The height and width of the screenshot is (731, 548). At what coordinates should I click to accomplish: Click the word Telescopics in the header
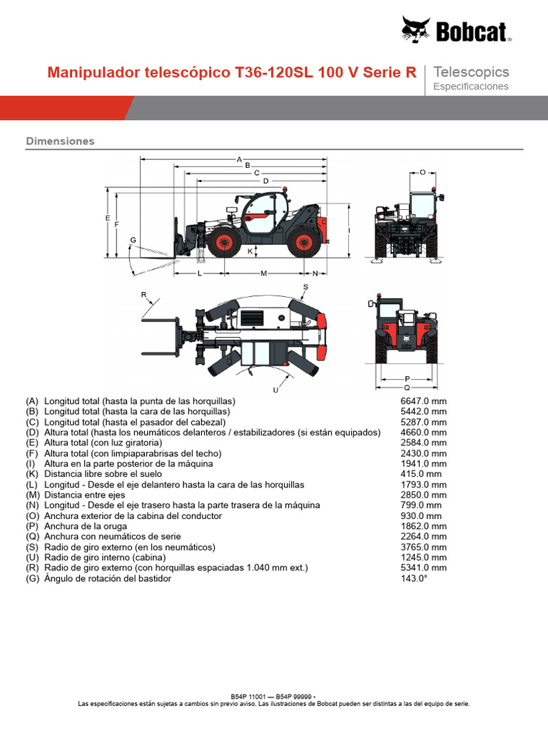(471, 71)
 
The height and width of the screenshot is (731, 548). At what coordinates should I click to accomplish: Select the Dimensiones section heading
(60, 141)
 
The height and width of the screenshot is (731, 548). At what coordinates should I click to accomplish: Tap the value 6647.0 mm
(423, 401)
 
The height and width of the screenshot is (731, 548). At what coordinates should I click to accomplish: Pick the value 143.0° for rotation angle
(414, 578)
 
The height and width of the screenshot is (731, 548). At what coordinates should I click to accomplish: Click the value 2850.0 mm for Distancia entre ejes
(423, 495)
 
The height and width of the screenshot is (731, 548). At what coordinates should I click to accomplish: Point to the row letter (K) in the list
(32, 474)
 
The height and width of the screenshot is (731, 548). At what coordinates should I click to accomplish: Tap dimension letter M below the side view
(263, 273)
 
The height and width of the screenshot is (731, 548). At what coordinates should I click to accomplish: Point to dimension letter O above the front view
(422, 172)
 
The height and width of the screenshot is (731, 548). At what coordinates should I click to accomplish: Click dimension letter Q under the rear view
(407, 387)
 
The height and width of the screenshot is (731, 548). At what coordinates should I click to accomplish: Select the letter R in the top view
(143, 294)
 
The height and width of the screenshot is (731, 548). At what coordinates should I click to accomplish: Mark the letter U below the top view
(275, 390)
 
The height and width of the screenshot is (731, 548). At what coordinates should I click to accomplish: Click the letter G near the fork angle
(133, 239)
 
